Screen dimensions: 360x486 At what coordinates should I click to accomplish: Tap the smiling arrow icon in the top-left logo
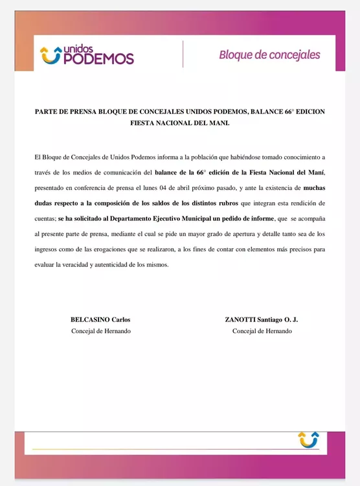tap(51, 56)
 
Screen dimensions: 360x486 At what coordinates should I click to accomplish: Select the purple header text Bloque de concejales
tap(269, 55)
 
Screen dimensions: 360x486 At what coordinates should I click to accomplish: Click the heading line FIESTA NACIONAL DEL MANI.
tap(180, 122)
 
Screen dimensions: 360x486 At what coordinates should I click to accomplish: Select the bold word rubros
tap(223, 203)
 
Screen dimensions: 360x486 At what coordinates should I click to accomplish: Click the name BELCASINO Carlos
tap(100, 319)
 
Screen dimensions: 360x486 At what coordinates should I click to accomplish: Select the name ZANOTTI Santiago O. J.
tap(261, 319)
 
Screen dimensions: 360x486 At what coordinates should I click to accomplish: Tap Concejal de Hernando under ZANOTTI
tap(262, 331)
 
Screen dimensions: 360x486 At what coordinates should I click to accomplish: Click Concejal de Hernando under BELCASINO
tap(100, 331)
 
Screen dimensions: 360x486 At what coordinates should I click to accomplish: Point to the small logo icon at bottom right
tap(308, 439)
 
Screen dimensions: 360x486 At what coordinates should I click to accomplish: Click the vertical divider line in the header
tap(183, 54)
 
